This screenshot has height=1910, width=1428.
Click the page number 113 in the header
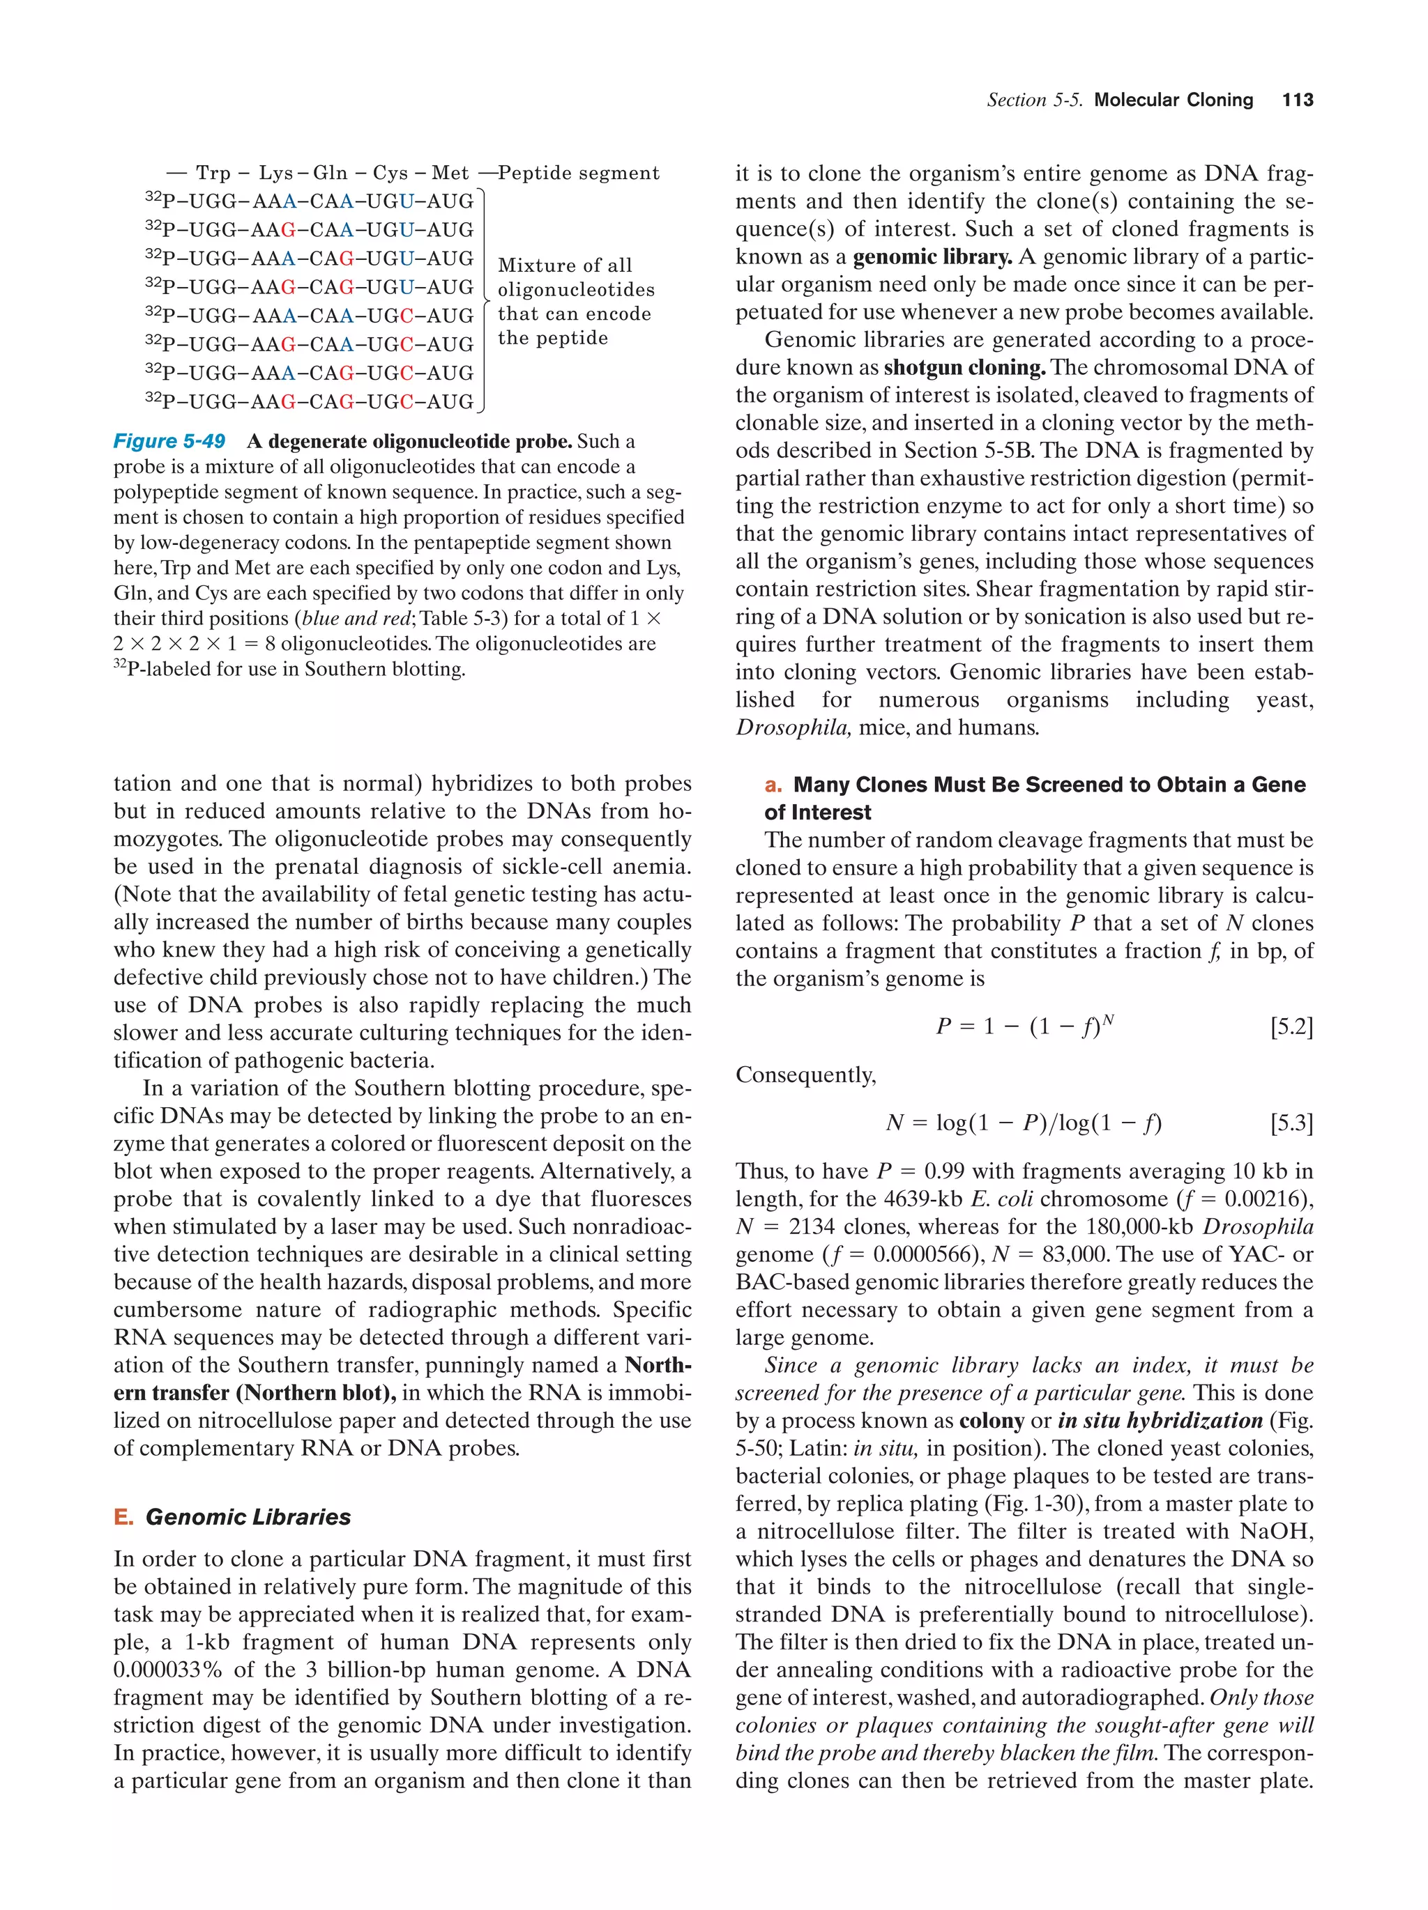pos(1297,100)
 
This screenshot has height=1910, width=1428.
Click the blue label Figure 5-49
pos(169,441)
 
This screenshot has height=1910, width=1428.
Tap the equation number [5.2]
pos(1291,1026)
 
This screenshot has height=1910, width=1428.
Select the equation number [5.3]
pos(1291,1123)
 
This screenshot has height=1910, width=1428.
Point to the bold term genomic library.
pos(932,256)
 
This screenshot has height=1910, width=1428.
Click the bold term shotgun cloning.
pos(964,367)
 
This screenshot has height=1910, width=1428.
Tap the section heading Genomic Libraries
pos(248,1517)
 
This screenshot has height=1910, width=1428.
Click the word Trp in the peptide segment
pos(213,174)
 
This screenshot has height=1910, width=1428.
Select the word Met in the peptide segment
pos(450,174)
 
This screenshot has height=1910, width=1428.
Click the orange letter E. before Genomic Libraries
pos(123,1517)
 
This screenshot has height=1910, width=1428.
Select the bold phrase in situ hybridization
pos(1160,1420)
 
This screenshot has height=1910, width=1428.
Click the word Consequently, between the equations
pos(805,1075)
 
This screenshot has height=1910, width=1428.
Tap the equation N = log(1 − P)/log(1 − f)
pos(1024,1123)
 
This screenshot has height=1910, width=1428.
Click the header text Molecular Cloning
pos(1173,100)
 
